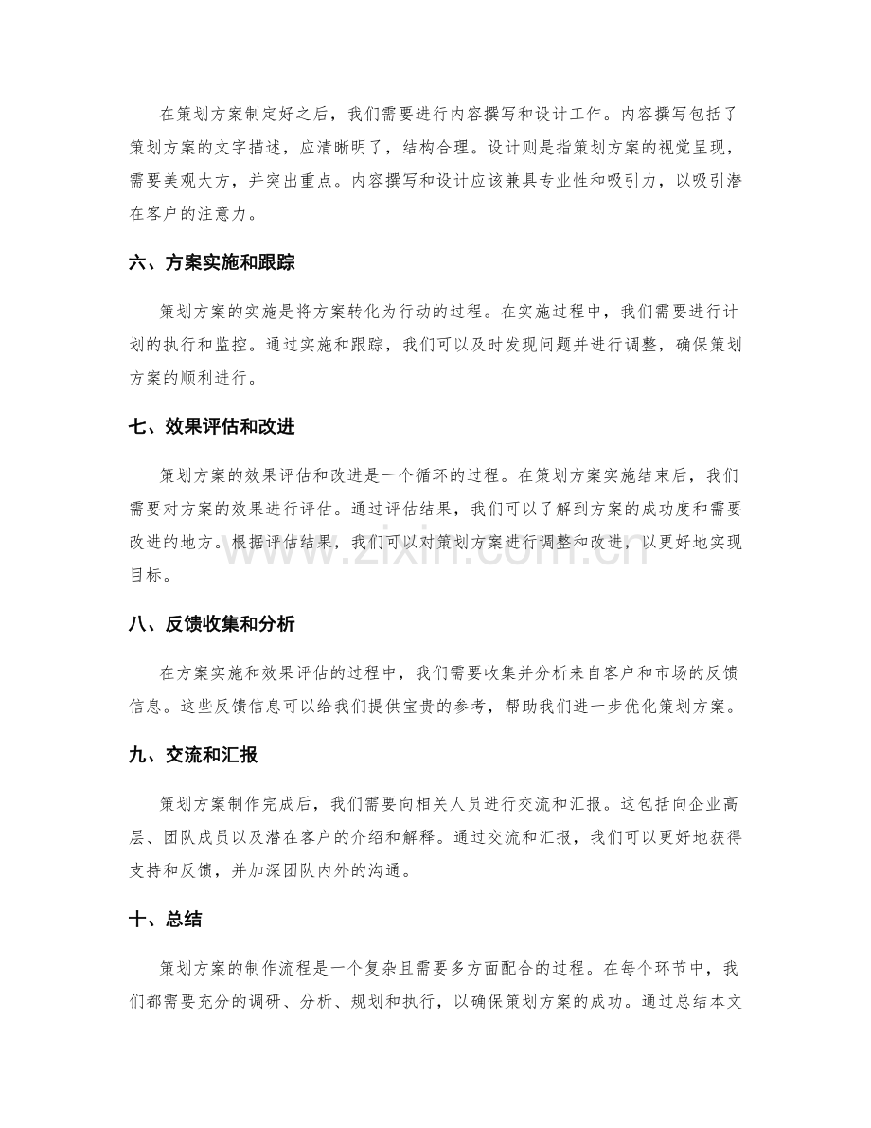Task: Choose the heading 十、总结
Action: pyautogui.click(x=162, y=919)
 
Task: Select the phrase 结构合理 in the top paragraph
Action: pyautogui.click(x=464, y=148)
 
